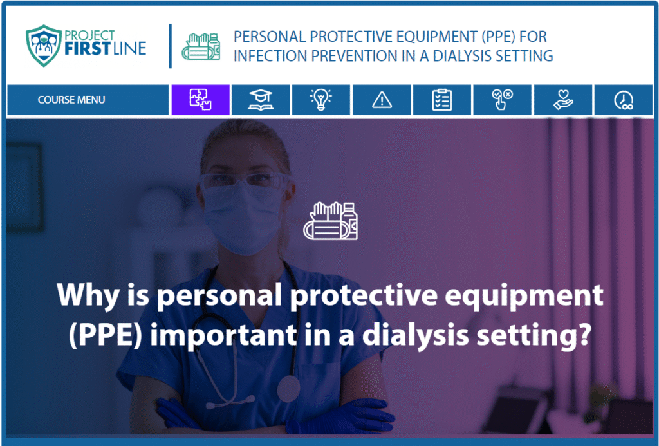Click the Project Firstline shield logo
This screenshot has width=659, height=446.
(44, 46)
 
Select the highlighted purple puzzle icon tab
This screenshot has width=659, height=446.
(201, 100)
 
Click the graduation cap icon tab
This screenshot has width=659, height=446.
(261, 100)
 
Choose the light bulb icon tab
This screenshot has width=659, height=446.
(320, 100)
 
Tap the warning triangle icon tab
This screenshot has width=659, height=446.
(382, 100)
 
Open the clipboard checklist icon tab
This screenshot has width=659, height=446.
(441, 100)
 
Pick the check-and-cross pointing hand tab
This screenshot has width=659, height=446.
(502, 100)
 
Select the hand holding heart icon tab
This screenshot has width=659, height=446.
(562, 100)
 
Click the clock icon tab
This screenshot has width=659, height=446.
(623, 100)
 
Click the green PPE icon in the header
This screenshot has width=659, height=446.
(201, 46)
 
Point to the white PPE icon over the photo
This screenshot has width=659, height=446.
(331, 221)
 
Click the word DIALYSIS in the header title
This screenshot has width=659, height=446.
(462, 56)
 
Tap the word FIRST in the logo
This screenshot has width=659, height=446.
(88, 49)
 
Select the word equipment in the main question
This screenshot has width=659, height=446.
(524, 297)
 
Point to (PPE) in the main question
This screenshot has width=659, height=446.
(106, 335)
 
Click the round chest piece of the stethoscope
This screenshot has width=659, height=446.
(289, 389)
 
